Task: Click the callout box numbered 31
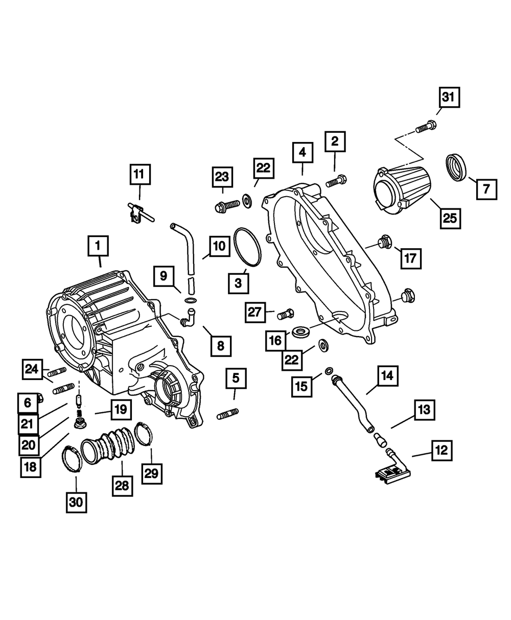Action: [x=448, y=97]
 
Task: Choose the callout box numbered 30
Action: [x=76, y=502]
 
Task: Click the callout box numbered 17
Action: [x=410, y=258]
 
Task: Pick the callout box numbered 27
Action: [x=255, y=313]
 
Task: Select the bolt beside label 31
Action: [x=425, y=126]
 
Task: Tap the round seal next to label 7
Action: [x=457, y=166]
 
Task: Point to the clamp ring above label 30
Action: [x=72, y=459]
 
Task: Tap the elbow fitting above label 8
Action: [x=189, y=316]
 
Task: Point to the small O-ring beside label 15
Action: [x=330, y=370]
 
